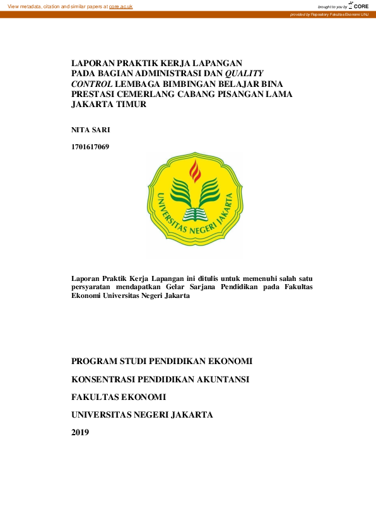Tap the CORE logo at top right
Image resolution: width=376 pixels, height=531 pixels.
358,5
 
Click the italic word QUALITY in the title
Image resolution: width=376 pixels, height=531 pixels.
247,73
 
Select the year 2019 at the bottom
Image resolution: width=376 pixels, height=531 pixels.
80,432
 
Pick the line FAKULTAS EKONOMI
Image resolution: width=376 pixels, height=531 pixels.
119,397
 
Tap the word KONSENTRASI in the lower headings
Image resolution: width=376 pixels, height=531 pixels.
108,379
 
